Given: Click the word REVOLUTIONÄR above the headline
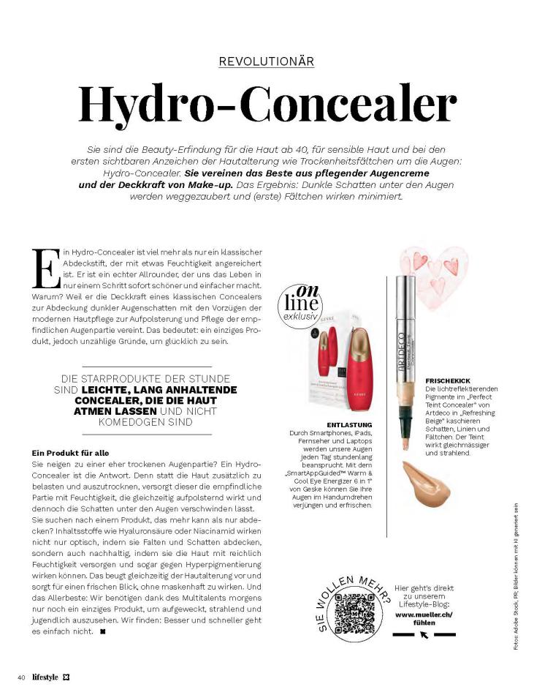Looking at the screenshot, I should coord(267,62).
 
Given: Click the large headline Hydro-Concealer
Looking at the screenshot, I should coord(267,104).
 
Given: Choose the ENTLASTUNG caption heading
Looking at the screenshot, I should coord(350,425).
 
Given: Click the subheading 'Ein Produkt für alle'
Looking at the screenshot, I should coord(70,454).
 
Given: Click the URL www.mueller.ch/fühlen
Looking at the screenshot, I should coord(424,618).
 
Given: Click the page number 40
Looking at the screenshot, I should coord(22,677).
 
